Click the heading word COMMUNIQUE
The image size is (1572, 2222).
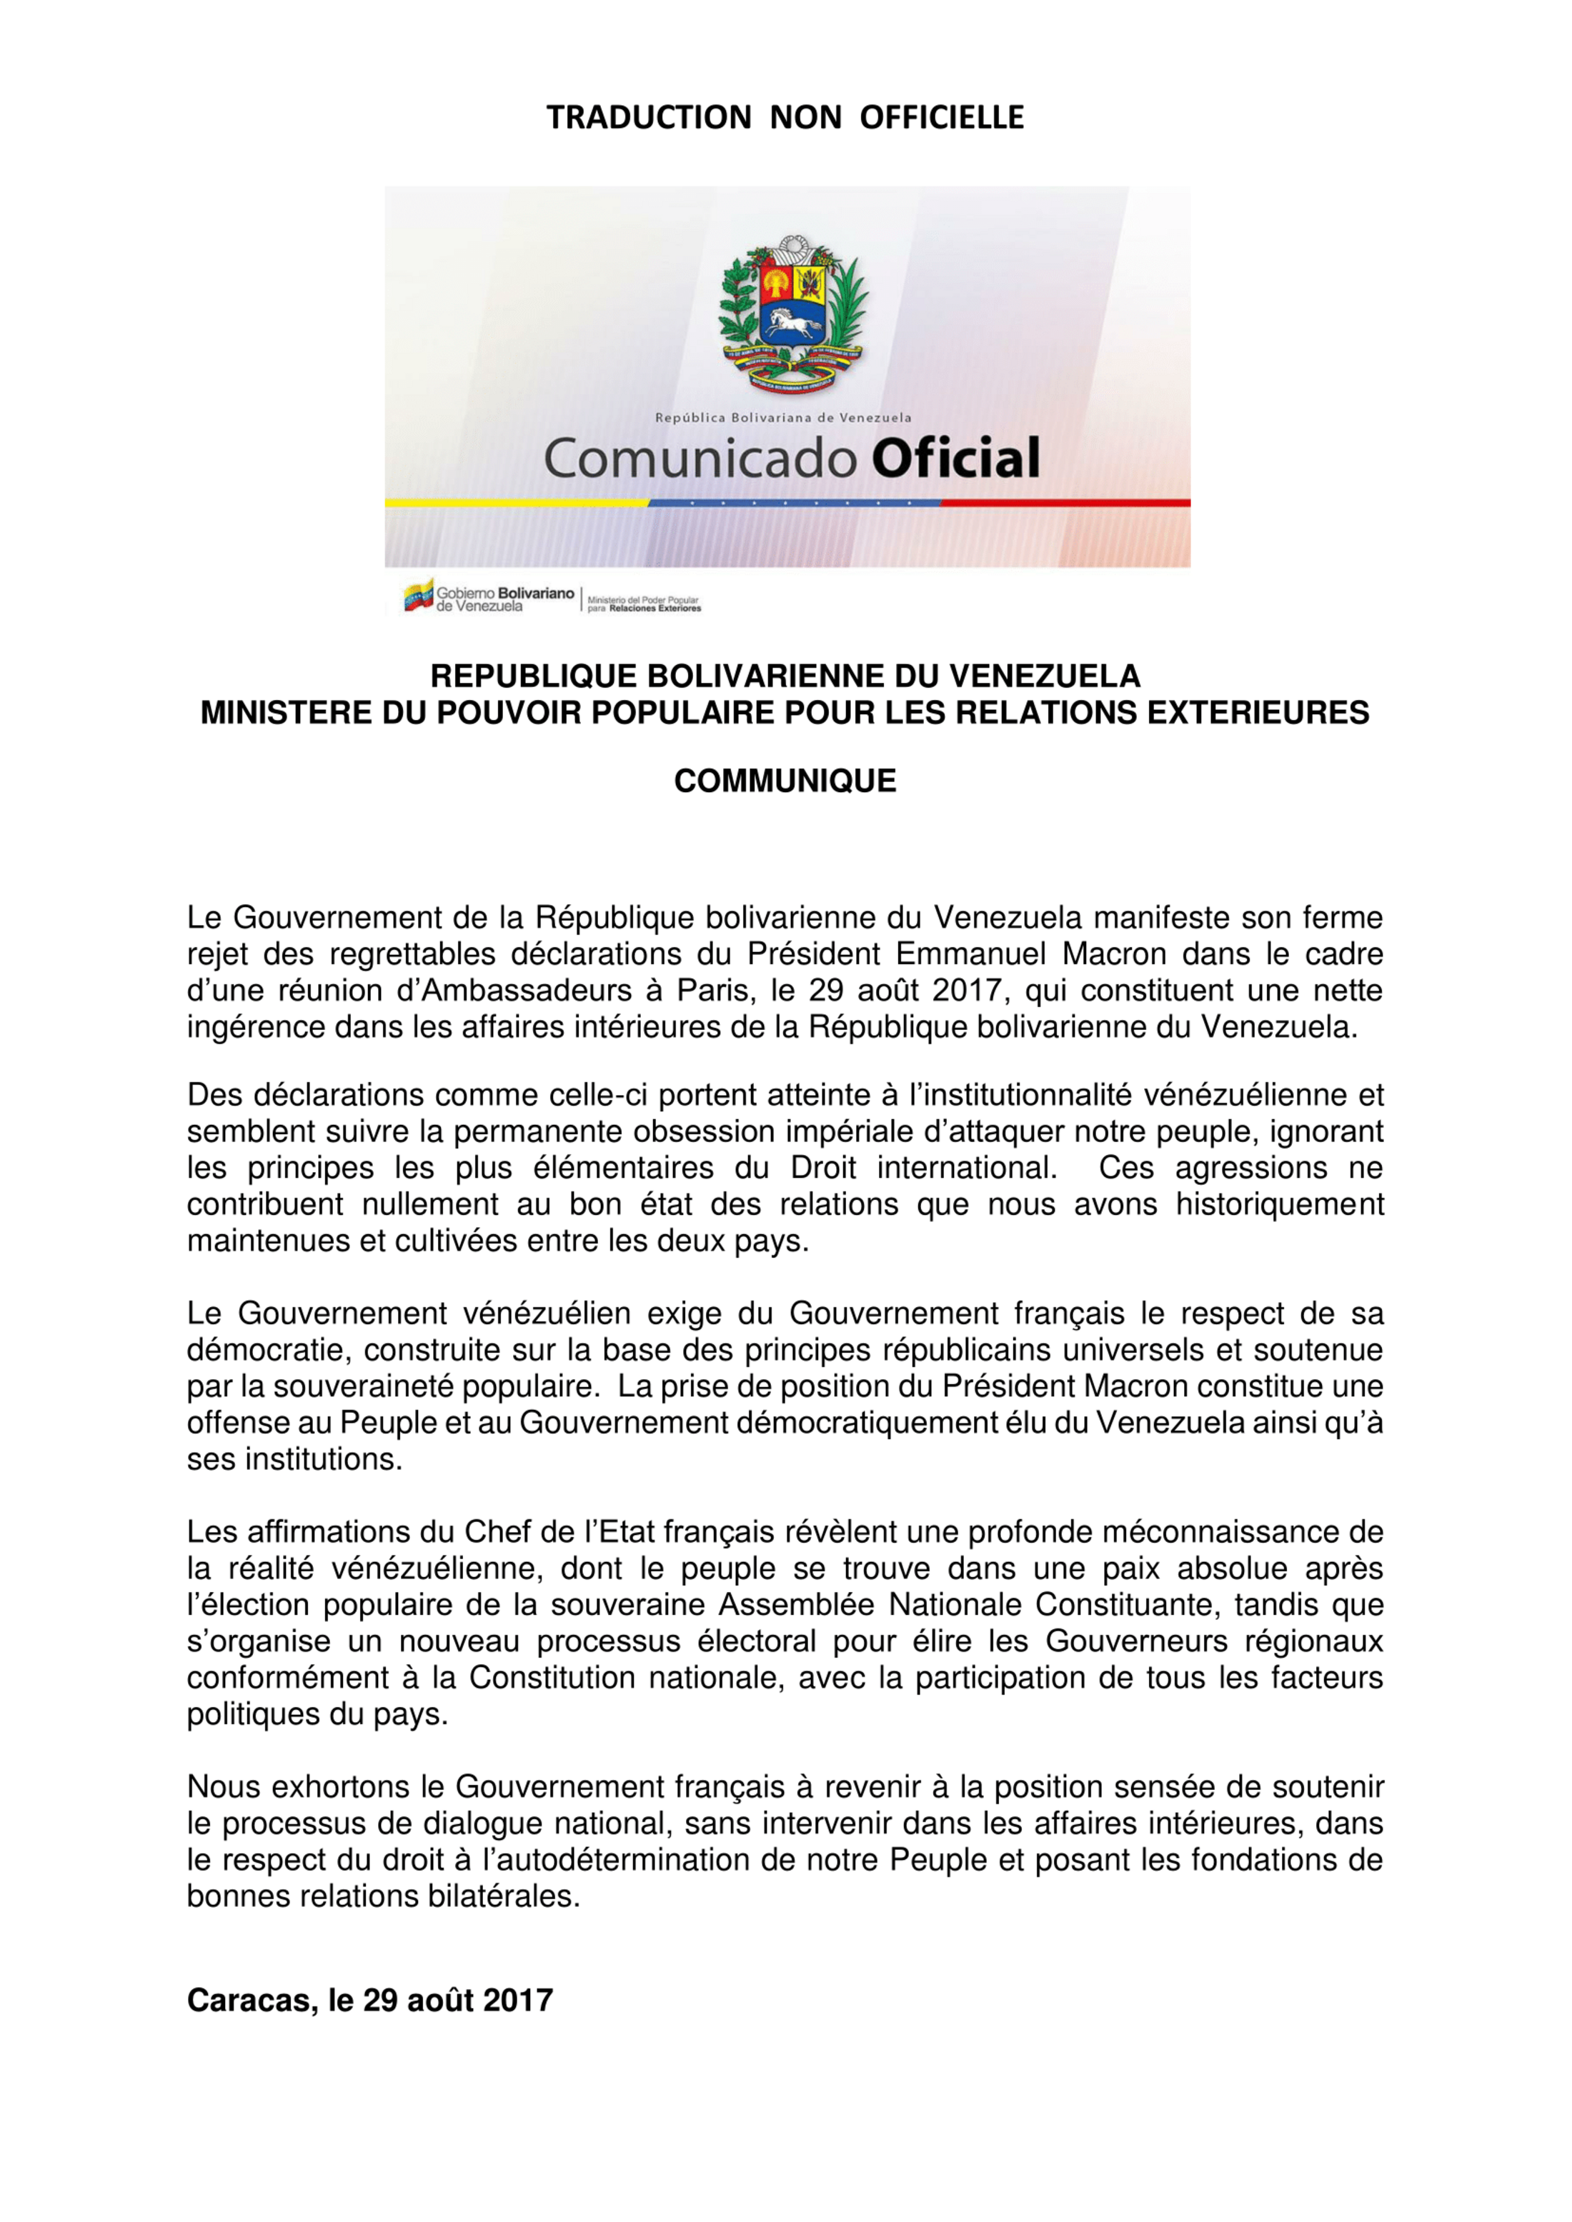[x=785, y=781]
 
